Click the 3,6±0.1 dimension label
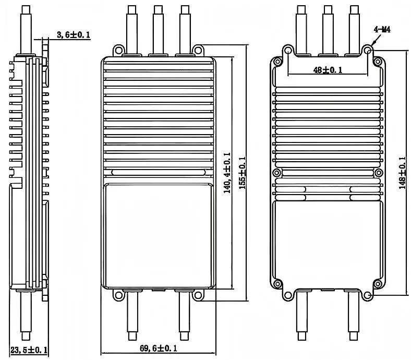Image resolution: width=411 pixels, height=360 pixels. pyautogui.click(x=73, y=35)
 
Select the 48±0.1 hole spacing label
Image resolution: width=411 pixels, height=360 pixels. pyautogui.click(x=328, y=70)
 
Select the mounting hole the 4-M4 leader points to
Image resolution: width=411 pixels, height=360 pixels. pyautogui.click(x=368, y=50)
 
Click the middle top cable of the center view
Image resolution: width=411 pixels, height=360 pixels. pyautogui.click(x=158, y=29)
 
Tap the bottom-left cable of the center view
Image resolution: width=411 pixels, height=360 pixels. pyautogui.click(x=132, y=316)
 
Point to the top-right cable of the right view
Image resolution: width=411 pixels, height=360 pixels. pyautogui.click(x=355, y=29)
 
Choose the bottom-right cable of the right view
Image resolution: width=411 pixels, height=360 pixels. pyautogui.click(x=355, y=316)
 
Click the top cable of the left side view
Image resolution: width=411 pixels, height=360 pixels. pyautogui.click(x=27, y=29)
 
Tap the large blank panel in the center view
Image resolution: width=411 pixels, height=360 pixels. pyautogui.click(x=158, y=235)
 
